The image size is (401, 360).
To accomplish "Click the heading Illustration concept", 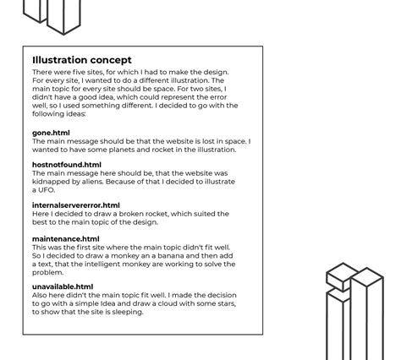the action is [82, 60].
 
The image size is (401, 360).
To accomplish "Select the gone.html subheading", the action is [51, 133].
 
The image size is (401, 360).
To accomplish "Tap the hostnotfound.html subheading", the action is [66, 165].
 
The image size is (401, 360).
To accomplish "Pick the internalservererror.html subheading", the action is [75, 205].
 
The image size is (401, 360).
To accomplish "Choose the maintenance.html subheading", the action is [65, 239].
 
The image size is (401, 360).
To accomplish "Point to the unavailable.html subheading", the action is [63, 287].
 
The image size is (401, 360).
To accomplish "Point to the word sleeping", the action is [126, 312].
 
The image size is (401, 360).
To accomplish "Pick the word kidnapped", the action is [51, 182].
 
